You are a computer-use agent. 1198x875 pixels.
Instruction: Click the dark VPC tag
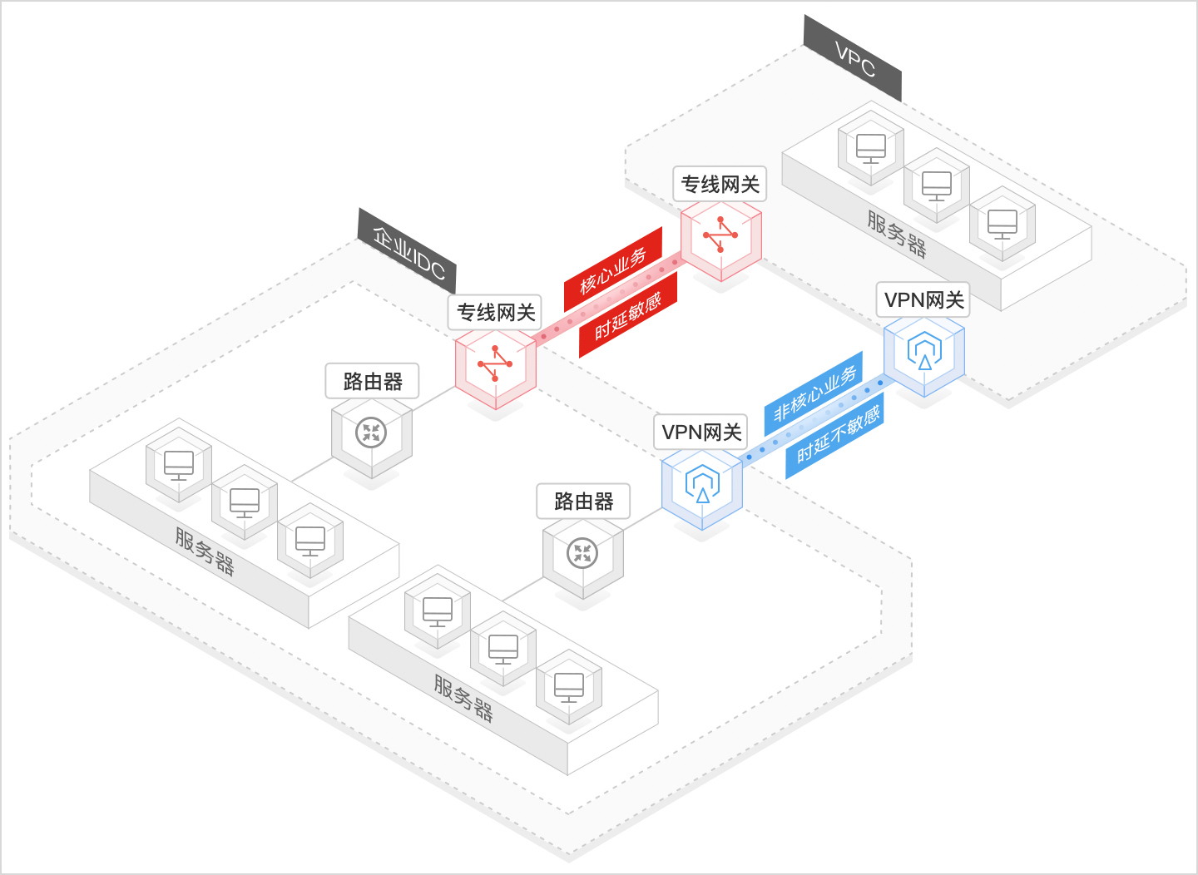pos(853,59)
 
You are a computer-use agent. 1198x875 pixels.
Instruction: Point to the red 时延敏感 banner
pos(628,315)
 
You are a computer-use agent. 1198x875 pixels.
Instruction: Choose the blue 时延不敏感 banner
pos(835,435)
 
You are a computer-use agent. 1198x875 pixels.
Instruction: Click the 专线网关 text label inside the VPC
pos(720,185)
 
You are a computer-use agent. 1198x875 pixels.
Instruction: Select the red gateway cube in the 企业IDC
pos(496,367)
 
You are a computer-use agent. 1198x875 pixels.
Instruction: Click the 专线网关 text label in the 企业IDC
pos(496,313)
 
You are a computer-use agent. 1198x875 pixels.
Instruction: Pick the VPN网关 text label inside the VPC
pos(923,300)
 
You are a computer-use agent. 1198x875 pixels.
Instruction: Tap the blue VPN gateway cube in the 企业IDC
pos(702,487)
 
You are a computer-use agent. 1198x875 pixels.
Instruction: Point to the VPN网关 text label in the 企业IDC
pos(701,433)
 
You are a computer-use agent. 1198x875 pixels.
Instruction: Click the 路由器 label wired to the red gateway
pos(372,382)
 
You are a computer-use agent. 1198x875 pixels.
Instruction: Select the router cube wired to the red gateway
pos(371,435)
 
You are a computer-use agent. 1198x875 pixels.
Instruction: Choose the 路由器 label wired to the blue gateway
pos(583,502)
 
